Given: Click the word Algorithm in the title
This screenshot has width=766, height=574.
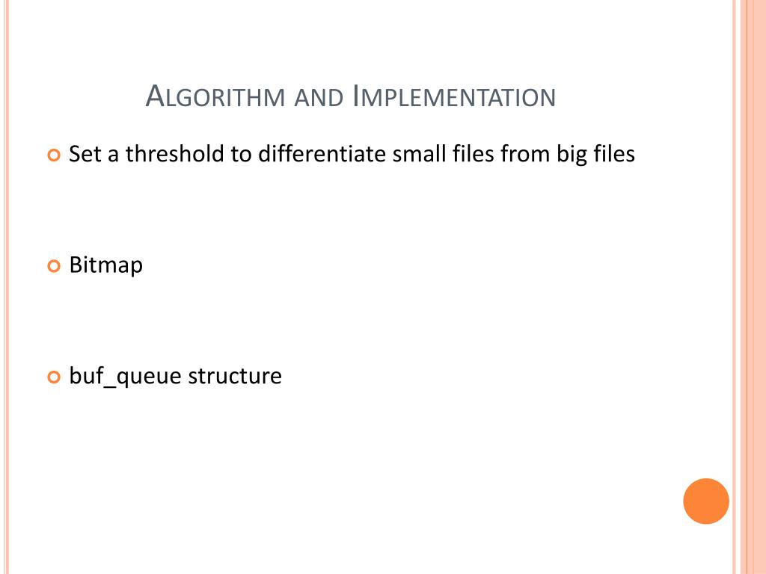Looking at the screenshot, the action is pos(216,97).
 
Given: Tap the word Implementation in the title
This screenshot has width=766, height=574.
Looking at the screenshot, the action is pos(454,97).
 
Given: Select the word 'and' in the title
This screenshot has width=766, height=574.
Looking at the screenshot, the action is pos(318,98).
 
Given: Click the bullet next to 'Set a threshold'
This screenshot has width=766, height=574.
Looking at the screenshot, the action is pos(53,156).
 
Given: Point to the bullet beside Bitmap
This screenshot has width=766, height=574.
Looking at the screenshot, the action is pos(53,266).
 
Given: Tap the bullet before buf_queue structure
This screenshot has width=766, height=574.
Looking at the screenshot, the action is pos(53,377).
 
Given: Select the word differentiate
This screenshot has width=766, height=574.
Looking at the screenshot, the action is pos(322,155).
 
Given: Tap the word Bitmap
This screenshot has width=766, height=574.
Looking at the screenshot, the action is pos(105,265).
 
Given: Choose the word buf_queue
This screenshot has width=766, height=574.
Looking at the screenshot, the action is pos(125,377).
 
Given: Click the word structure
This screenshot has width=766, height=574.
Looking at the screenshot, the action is pos(235,376).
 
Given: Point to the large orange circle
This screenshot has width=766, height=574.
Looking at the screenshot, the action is pos(706,501).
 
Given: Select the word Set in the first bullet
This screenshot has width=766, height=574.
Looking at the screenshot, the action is pos(83,155).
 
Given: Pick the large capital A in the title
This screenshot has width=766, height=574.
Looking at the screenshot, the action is pos(154,96).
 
